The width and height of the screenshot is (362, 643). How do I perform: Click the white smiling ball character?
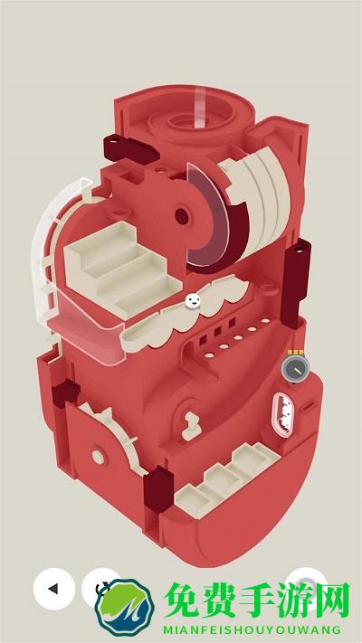(x=193, y=301)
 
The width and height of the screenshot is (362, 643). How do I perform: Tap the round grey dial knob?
(x=295, y=368)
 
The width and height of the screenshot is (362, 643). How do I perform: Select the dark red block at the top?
(x=130, y=150)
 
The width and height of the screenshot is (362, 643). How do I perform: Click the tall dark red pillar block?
(x=296, y=283)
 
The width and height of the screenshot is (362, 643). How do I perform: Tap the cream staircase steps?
(x=122, y=269)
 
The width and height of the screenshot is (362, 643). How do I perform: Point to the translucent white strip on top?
(x=199, y=107)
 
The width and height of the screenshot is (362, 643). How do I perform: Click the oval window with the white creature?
(x=282, y=414)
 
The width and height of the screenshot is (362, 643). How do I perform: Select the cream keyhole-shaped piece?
(x=191, y=426)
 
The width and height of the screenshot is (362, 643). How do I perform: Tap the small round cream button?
(x=98, y=457)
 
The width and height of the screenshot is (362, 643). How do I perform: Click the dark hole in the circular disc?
(x=182, y=216)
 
